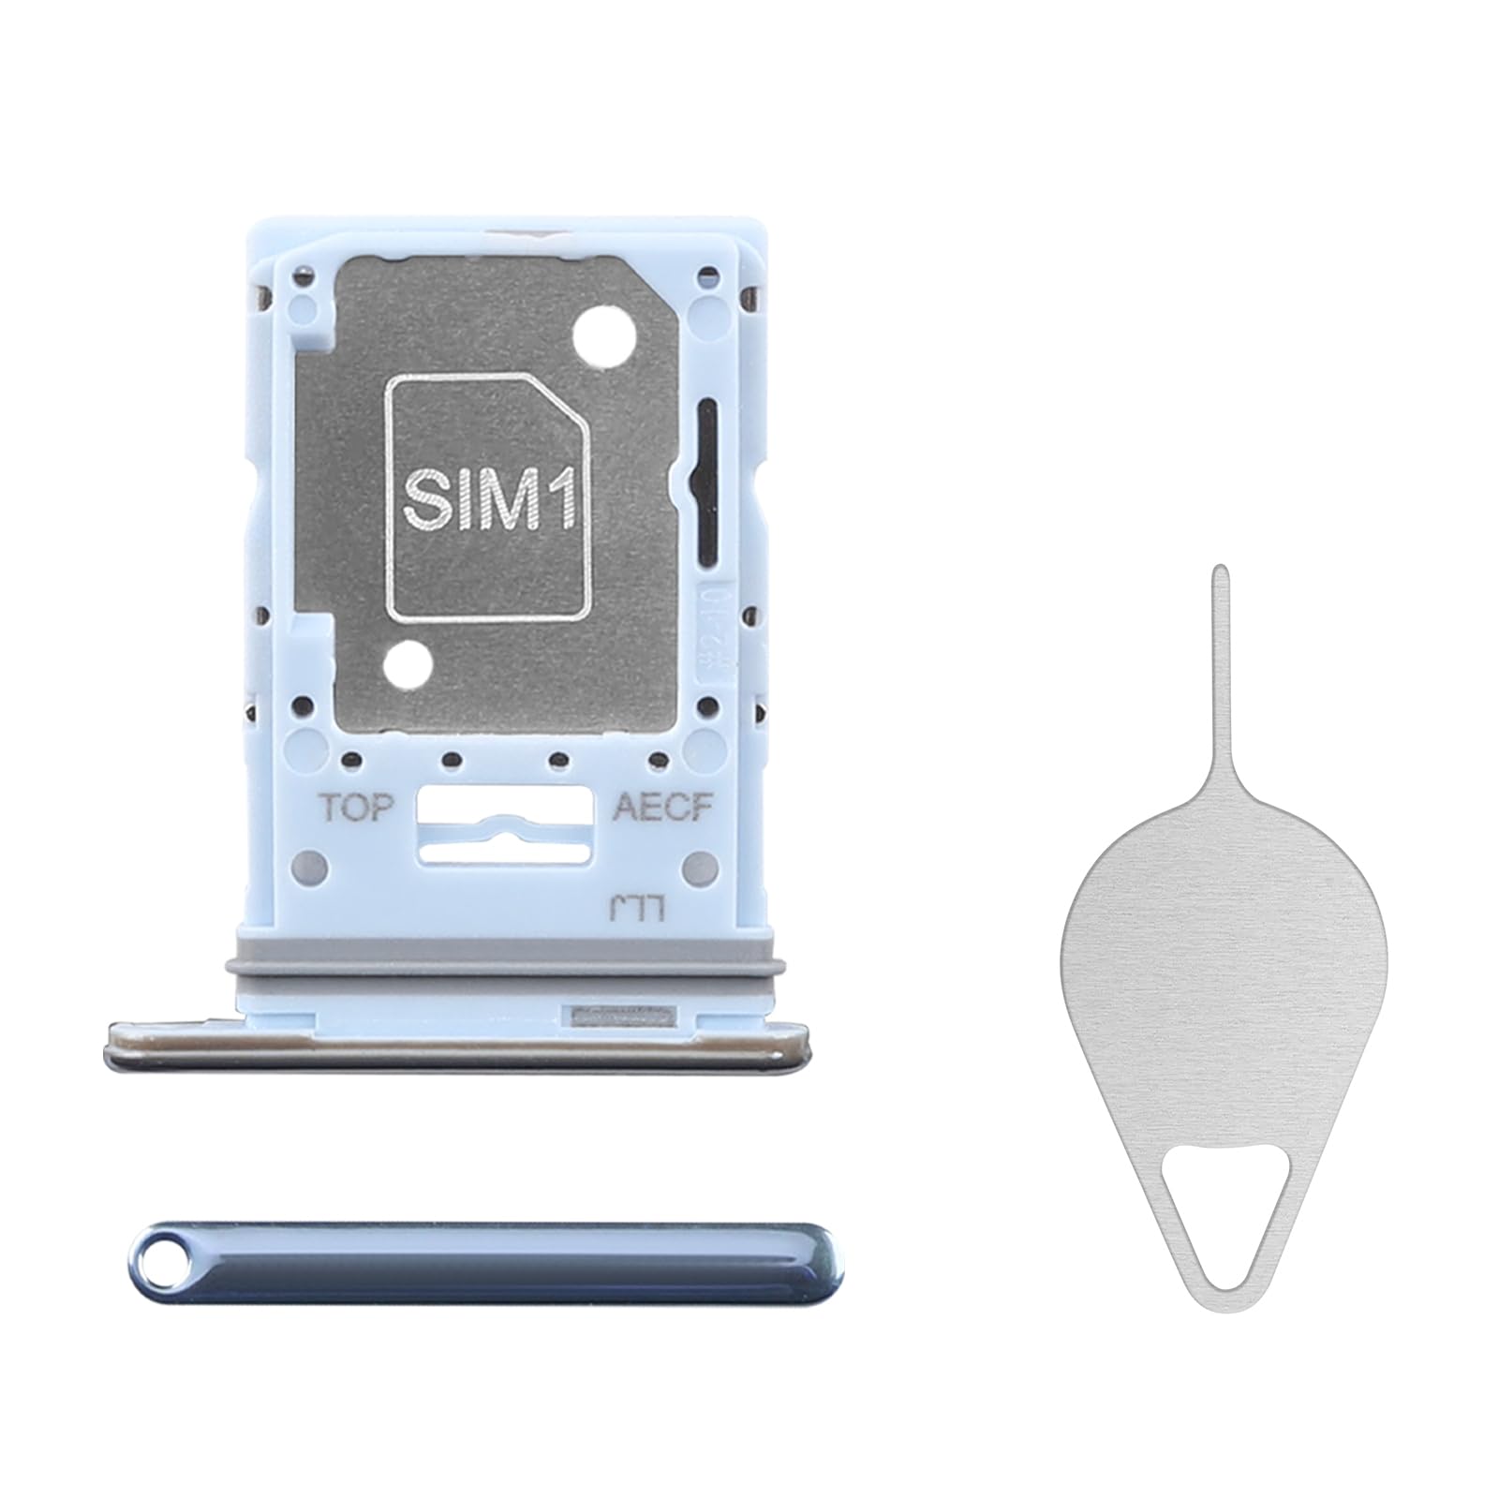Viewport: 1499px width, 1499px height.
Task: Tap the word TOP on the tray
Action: (x=357, y=807)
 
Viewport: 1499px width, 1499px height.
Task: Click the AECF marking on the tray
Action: (x=663, y=807)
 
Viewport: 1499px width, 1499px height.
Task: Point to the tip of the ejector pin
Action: (x=1219, y=569)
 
